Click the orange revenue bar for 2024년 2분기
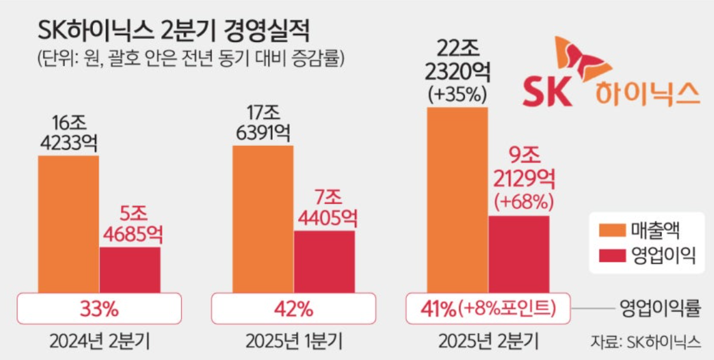69,223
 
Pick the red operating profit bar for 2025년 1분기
324,261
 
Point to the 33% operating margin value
99,310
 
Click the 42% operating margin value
294,310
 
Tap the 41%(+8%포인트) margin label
488,310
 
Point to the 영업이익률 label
660,310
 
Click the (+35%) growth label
457,94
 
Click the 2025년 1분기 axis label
294,342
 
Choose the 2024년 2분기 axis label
100,342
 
